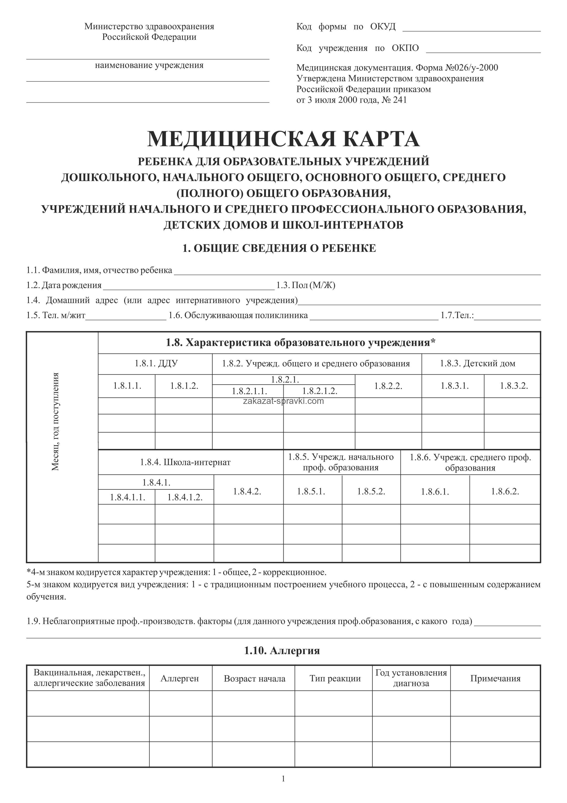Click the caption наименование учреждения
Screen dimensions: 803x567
[149, 65]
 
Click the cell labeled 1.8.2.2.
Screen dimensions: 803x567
[388, 386]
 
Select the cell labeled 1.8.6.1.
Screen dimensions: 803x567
[435, 492]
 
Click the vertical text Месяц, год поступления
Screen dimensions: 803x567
[56, 422]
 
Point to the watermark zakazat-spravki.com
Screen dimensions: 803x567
[283, 401]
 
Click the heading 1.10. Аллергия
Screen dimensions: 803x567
[282, 651]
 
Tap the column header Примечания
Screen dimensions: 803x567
[495, 678]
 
